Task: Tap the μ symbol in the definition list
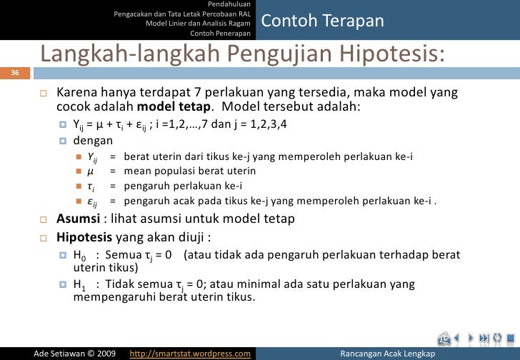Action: click(90, 172)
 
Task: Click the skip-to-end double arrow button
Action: click(483, 338)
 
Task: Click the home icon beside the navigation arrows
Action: click(444, 338)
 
